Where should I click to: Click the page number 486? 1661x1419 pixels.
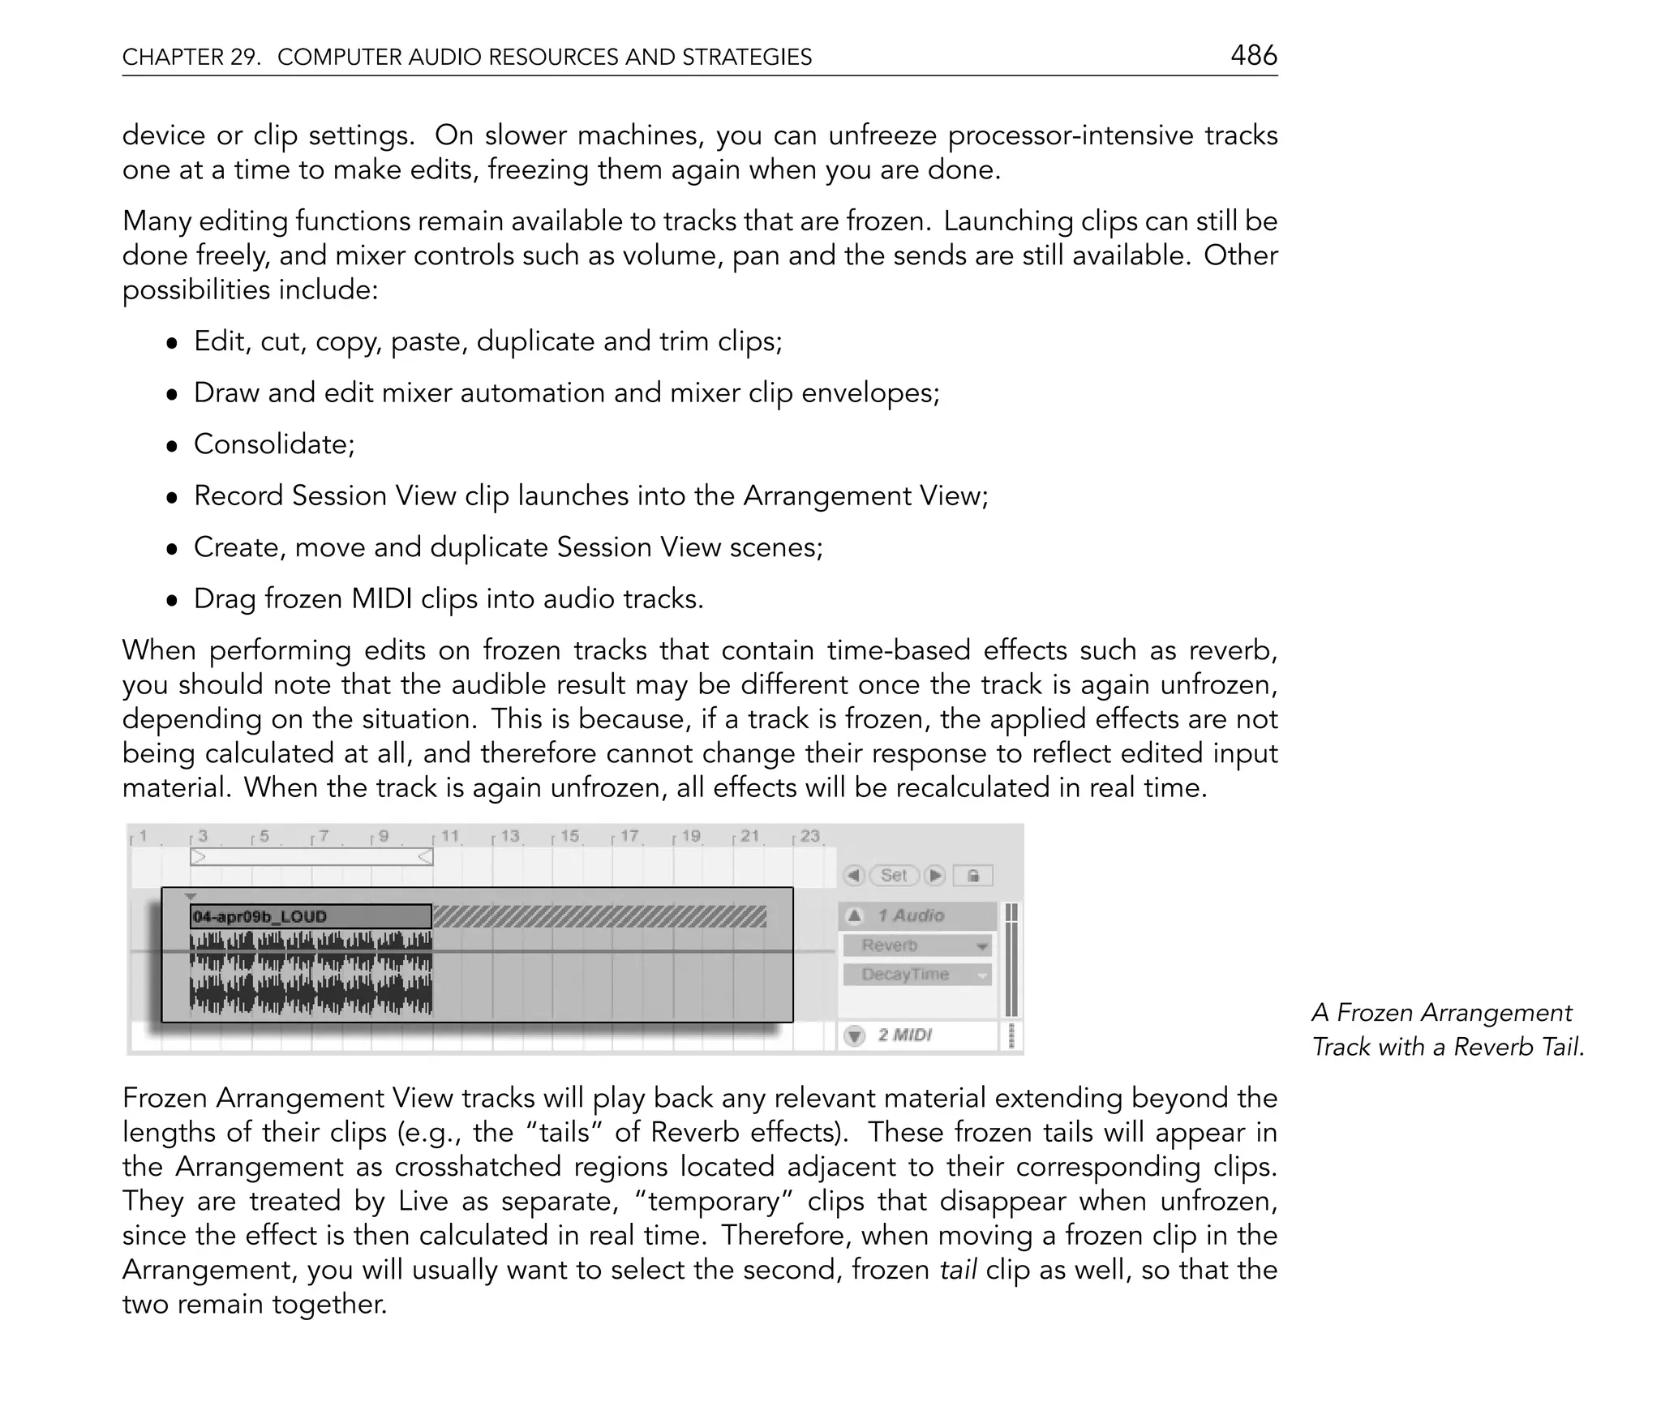click(1253, 55)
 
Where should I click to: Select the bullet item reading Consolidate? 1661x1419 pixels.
click(274, 444)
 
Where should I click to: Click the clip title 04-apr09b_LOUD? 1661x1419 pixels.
click(260, 916)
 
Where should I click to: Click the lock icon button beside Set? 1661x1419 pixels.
click(973, 876)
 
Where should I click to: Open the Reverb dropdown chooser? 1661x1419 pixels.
click(916, 945)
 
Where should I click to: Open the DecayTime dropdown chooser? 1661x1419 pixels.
click(916, 975)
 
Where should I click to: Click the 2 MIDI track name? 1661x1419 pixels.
click(904, 1035)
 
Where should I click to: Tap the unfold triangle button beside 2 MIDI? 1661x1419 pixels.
click(854, 1035)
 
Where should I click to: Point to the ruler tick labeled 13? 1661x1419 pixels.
click(509, 836)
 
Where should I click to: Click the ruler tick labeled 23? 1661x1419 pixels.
click(809, 836)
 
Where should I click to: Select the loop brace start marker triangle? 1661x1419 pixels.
click(198, 856)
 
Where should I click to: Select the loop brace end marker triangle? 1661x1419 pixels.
click(425, 856)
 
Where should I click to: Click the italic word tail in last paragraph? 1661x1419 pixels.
click(957, 1270)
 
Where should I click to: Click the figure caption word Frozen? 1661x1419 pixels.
click(1374, 1013)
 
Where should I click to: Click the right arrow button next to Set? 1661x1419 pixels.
click(935, 876)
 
